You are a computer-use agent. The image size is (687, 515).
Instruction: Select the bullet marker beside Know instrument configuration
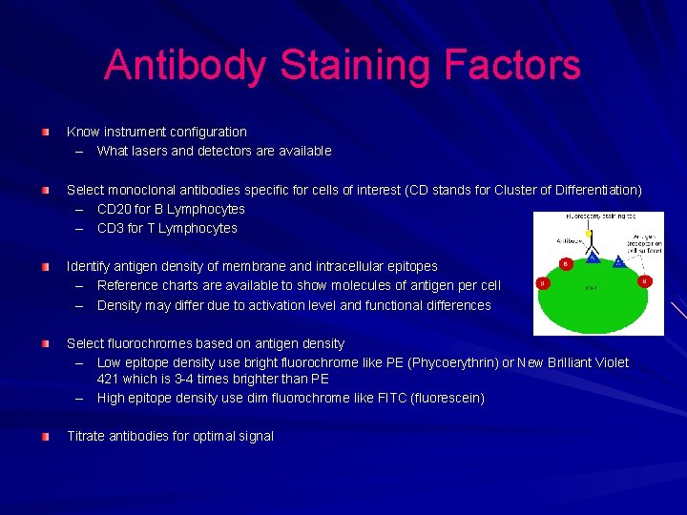[x=45, y=132]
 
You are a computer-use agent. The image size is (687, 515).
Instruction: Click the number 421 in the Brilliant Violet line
[x=108, y=379]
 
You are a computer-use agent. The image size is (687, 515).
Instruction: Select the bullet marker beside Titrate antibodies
[x=45, y=436]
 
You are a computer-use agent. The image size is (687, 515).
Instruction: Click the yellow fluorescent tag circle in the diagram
[x=589, y=233]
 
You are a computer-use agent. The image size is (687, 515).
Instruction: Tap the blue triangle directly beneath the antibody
[x=592, y=257]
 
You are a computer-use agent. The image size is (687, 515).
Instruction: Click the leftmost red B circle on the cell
[x=543, y=282]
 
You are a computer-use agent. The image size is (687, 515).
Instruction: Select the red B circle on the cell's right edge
[x=645, y=281]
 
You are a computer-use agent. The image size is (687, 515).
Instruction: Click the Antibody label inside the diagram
[x=570, y=239]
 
